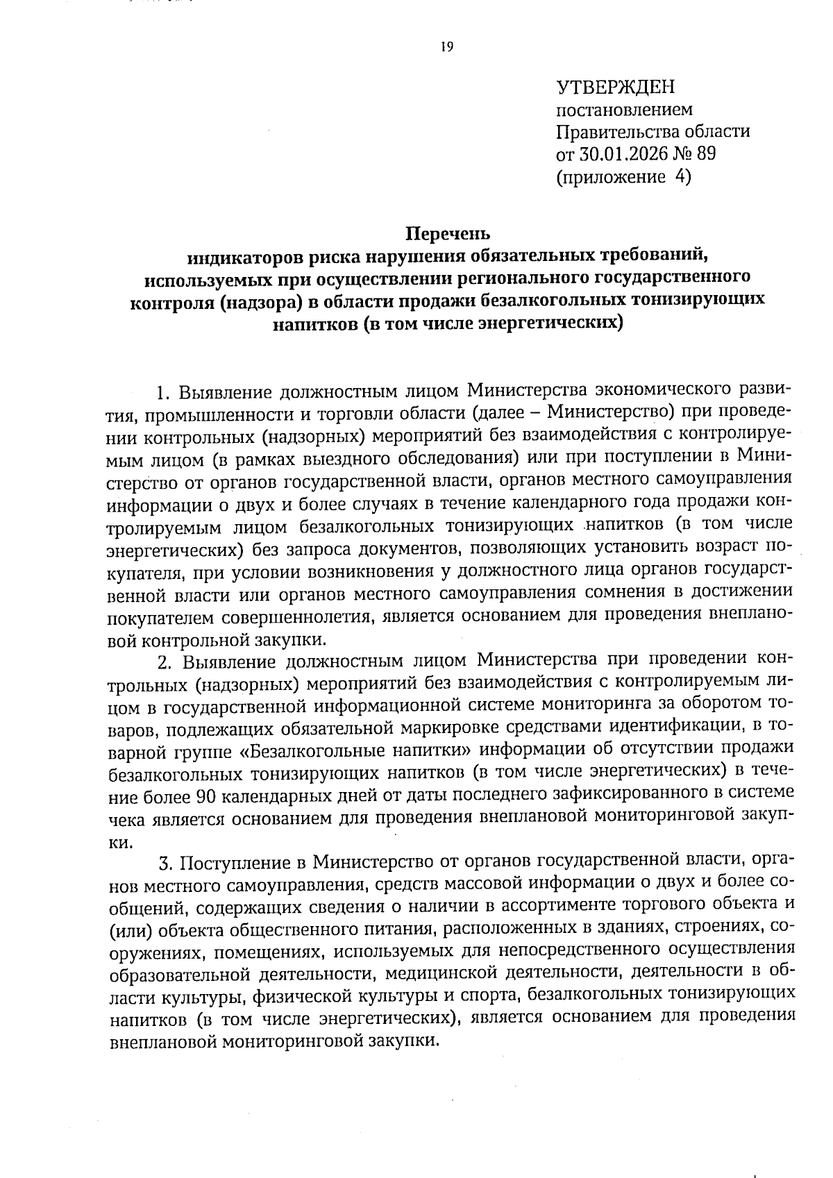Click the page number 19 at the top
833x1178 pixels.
[x=446, y=47]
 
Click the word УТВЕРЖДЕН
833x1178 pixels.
[x=615, y=87]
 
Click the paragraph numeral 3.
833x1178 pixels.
[x=165, y=864]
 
